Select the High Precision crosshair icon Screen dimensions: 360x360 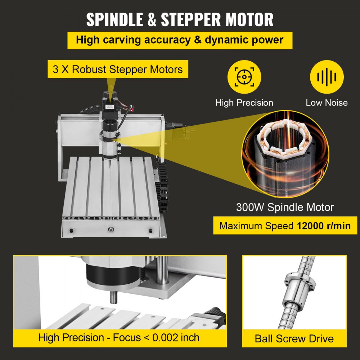point(244,77)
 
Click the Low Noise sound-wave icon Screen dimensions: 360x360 point(327,77)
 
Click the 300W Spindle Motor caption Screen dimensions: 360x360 point(285,207)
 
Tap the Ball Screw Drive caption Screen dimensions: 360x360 point(294,338)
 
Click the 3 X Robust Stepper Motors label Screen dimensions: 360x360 point(118,69)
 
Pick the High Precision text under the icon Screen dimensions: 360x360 point(244,103)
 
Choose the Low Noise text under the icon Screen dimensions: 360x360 point(327,103)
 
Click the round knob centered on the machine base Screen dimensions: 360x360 point(111,228)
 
